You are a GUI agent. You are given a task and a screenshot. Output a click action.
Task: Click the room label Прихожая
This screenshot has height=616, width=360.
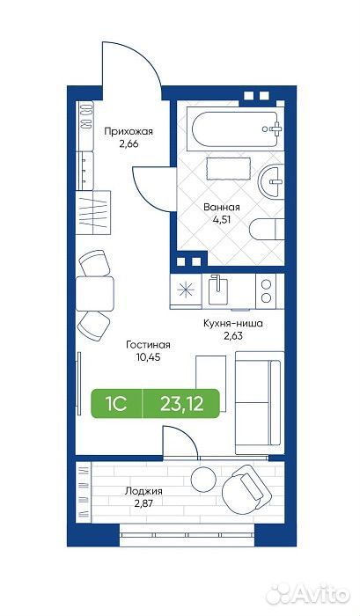pyautogui.click(x=129, y=132)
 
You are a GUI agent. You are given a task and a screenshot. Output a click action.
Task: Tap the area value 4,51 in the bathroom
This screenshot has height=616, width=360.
pyautogui.click(x=222, y=219)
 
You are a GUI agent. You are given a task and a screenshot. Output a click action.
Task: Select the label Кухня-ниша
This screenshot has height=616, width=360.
pyautogui.click(x=232, y=324)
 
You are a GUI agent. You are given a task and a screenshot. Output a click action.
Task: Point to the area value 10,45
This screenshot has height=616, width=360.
pyautogui.click(x=148, y=357)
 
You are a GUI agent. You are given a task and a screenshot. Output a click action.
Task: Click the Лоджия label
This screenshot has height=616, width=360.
pyautogui.click(x=143, y=491)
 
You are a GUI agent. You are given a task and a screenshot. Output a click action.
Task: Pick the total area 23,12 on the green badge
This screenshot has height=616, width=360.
pyautogui.click(x=182, y=403)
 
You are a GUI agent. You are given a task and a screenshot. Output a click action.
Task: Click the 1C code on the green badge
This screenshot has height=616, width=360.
pyautogui.click(x=115, y=403)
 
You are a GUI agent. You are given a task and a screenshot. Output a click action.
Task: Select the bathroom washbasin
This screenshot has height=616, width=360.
pyautogui.click(x=271, y=181)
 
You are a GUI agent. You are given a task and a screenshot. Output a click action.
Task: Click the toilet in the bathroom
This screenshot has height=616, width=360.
pyautogui.click(x=267, y=229)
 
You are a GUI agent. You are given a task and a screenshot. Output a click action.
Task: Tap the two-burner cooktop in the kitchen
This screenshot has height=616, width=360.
pyautogui.click(x=267, y=290)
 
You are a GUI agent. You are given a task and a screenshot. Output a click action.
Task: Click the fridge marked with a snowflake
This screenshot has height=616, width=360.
pyautogui.click(x=186, y=290)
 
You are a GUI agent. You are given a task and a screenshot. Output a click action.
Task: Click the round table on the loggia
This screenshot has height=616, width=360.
pyautogui.click(x=203, y=478)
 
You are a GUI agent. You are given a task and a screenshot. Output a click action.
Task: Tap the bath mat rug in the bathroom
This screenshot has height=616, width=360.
pyautogui.click(x=228, y=169)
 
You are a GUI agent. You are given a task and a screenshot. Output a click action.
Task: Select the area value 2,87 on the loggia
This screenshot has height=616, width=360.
pyautogui.click(x=143, y=503)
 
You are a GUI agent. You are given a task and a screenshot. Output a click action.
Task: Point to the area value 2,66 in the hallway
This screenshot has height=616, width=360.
pyautogui.click(x=129, y=143)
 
